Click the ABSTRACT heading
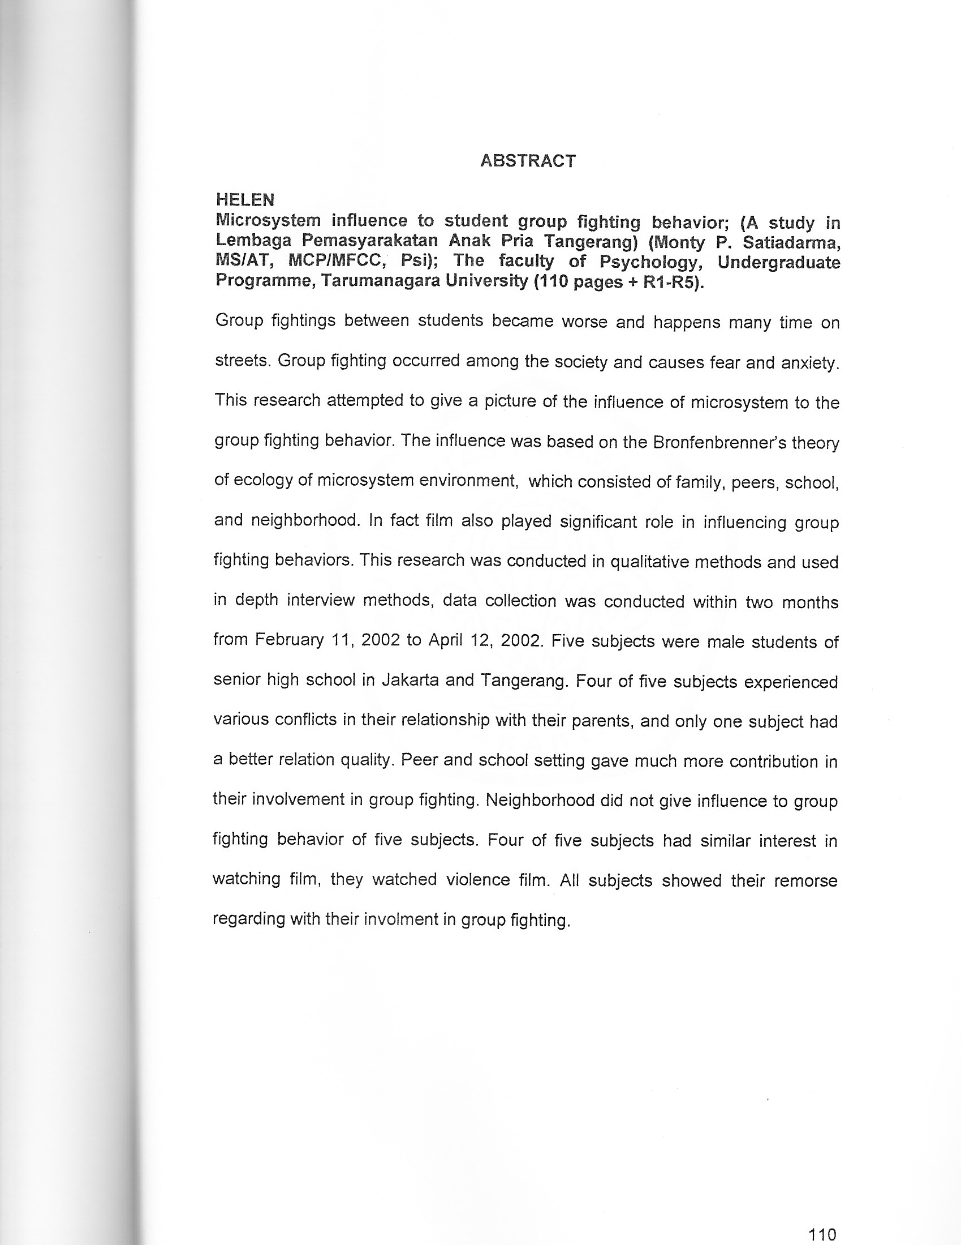(528, 161)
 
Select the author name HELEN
(245, 199)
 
